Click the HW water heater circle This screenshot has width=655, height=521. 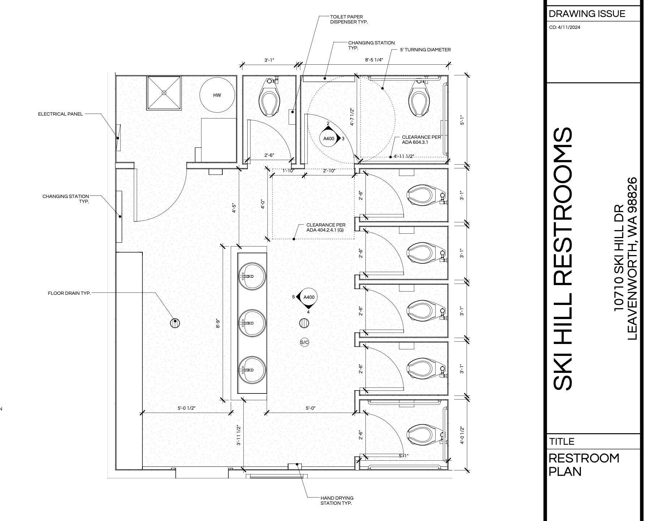[x=217, y=95]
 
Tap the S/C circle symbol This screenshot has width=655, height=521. [x=305, y=342]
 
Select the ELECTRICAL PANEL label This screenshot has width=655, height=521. [x=60, y=114]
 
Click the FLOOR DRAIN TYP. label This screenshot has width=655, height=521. [x=69, y=293]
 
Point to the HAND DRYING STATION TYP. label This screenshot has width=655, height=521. [x=337, y=500]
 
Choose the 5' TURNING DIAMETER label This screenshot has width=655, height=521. [x=425, y=50]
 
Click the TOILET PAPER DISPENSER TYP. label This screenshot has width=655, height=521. [x=349, y=20]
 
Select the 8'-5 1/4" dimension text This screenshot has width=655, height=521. [x=374, y=60]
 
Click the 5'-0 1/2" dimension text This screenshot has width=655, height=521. [x=187, y=408]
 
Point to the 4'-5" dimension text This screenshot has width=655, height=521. [x=234, y=209]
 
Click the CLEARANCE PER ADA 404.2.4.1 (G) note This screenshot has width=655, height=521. [x=326, y=227]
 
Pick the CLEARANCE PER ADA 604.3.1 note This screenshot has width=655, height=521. [x=421, y=140]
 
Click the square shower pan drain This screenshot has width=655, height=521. [x=164, y=93]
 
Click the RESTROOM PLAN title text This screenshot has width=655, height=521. [x=584, y=465]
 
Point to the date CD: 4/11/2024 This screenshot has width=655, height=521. [x=565, y=27]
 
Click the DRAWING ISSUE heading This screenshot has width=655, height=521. [x=587, y=14]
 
